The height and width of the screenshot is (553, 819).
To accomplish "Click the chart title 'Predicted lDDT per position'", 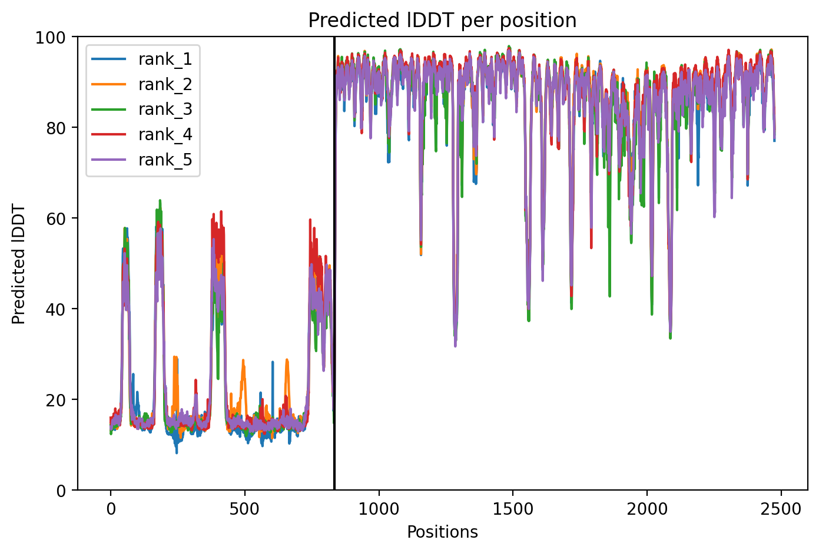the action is pyautogui.click(x=442, y=20).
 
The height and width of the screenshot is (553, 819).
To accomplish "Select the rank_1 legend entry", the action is pyautogui.click(x=142, y=59).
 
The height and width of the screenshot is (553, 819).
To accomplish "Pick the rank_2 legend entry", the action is pyautogui.click(x=142, y=84).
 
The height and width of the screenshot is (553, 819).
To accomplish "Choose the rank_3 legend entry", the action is pyautogui.click(x=142, y=110).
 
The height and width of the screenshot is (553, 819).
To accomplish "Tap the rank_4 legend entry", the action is pyautogui.click(x=142, y=135).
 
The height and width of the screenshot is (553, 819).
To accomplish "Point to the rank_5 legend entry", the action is pyautogui.click(x=142, y=160).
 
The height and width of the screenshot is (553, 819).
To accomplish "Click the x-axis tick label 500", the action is pyautogui.click(x=244, y=509).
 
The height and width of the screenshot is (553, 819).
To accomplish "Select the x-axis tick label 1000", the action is pyautogui.click(x=379, y=509).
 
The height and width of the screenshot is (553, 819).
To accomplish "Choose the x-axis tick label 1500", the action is pyautogui.click(x=513, y=509).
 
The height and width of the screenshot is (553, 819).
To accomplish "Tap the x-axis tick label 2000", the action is pyautogui.click(x=647, y=509).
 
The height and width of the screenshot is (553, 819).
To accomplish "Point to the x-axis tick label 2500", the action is pyautogui.click(x=781, y=509).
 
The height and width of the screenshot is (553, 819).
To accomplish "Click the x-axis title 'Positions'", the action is pyautogui.click(x=442, y=532).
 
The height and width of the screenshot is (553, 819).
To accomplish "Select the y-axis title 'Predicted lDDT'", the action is pyautogui.click(x=18, y=263).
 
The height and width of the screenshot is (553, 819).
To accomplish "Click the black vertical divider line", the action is pyautogui.click(x=334, y=263).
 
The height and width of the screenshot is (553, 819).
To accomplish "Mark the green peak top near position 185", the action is pyautogui.click(x=160, y=200).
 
